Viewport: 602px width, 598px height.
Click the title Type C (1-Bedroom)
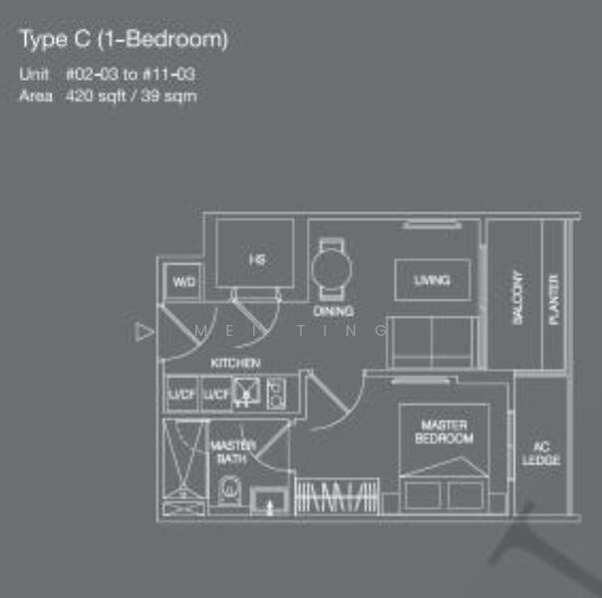point(124,40)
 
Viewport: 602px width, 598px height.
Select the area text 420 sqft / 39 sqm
point(131,97)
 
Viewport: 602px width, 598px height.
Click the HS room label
point(256,259)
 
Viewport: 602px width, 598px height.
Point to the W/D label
point(184,283)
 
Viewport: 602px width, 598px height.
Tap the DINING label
point(333,311)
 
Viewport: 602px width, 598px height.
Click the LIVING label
point(432,280)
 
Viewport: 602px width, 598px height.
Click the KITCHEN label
point(236,363)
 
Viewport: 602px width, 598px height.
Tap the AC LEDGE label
point(541,452)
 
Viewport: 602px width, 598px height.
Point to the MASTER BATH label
point(232,451)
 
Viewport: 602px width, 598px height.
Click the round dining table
point(330,266)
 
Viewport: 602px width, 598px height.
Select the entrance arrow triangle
point(146,331)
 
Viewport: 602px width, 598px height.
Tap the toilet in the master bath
point(229,489)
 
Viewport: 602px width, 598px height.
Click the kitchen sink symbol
point(246,393)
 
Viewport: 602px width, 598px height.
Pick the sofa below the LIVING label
point(431,342)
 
